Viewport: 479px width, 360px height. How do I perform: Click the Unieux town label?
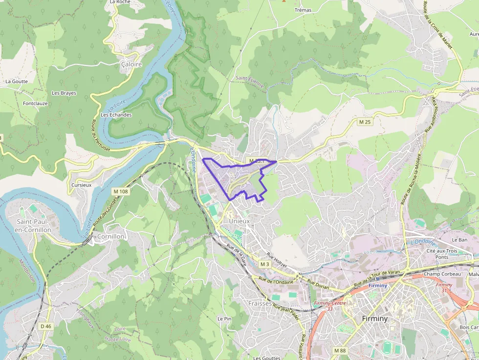(239, 221)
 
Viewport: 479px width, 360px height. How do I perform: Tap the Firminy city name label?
(375, 318)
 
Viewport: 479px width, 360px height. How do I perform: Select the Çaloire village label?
(131, 64)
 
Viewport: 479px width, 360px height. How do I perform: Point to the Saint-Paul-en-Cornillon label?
(33, 226)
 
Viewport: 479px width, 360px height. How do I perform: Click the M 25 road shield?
(364, 122)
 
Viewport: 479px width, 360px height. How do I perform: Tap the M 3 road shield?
(264, 264)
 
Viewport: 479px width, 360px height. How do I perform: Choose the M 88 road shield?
(340, 350)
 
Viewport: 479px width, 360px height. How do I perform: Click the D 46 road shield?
(45, 326)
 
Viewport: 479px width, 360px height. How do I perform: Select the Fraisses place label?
(260, 303)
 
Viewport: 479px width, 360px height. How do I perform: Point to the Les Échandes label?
(116, 115)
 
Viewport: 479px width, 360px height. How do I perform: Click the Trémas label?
(303, 10)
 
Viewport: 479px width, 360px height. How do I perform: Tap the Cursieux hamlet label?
(81, 185)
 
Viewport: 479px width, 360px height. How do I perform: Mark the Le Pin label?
(224, 318)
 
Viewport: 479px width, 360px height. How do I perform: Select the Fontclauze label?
(35, 104)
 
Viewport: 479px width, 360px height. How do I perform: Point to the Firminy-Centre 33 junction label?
(330, 306)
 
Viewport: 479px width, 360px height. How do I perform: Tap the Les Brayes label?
(64, 93)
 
